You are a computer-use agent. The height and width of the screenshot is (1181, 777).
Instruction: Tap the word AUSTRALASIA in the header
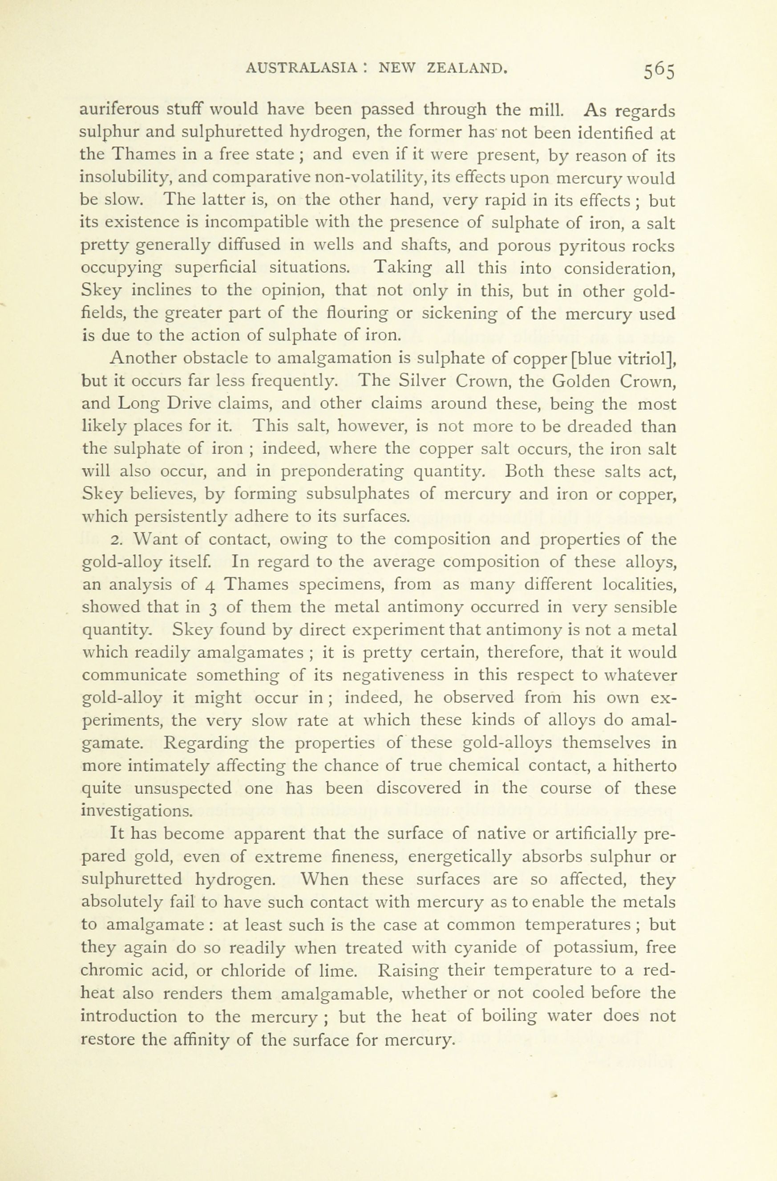[x=302, y=68]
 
